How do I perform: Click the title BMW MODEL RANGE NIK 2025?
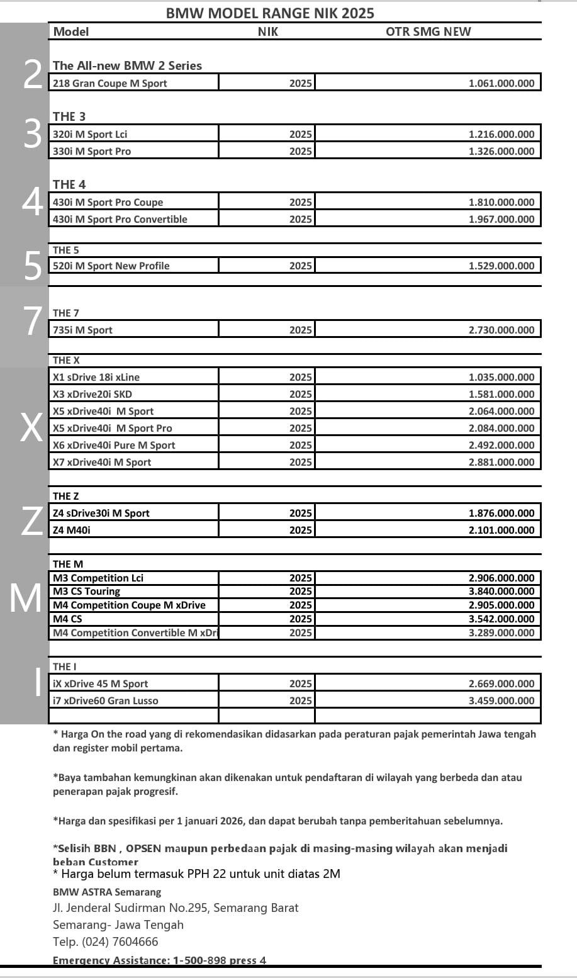[x=270, y=13]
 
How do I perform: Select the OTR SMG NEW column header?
[x=428, y=31]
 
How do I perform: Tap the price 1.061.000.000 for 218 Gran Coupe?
[x=501, y=83]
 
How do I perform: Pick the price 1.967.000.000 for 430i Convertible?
[x=501, y=219]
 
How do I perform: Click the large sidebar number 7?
[x=31, y=321]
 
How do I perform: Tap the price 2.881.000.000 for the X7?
[x=501, y=462]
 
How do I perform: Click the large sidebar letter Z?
[x=30, y=522]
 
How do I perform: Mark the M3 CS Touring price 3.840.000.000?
[x=501, y=591]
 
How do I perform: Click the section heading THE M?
[x=68, y=564]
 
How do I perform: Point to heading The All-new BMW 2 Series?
[x=127, y=65]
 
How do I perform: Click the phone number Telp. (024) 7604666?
[x=106, y=941]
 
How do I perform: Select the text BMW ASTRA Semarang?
[x=107, y=892]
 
